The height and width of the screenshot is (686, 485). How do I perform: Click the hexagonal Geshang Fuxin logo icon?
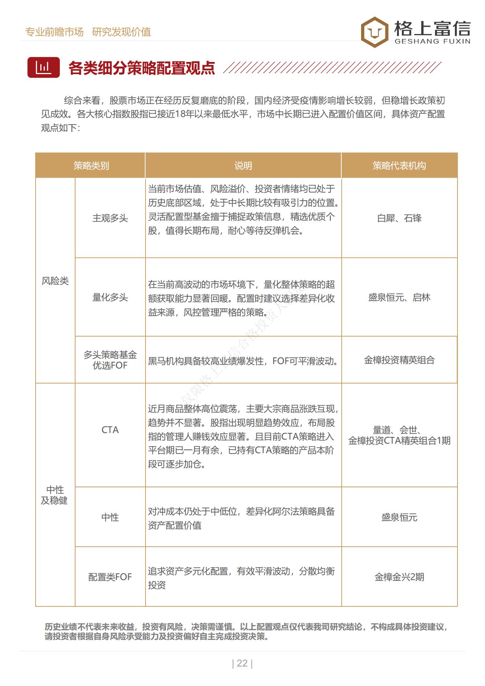point(374,32)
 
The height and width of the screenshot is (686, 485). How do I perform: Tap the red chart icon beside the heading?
point(43,67)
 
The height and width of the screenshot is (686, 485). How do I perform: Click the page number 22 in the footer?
point(242,663)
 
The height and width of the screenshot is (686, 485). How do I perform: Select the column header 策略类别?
point(91,166)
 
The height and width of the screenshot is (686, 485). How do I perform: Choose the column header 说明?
point(243,166)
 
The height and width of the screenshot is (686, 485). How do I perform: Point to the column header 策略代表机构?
point(399,166)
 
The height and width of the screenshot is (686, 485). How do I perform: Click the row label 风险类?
point(55,281)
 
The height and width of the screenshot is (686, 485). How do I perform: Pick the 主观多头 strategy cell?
point(110,218)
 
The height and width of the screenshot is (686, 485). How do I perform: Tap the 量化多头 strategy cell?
point(110,297)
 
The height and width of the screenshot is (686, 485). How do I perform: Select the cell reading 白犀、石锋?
point(399,218)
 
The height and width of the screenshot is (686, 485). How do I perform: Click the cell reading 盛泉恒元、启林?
point(399,297)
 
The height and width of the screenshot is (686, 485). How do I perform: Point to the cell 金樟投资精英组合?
point(399,360)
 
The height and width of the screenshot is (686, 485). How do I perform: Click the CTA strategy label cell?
point(110,430)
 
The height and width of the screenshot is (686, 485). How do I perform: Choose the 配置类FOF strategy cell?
point(110,577)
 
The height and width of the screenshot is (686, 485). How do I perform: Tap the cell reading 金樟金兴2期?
point(399,577)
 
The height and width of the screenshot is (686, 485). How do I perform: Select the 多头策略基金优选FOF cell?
point(110,360)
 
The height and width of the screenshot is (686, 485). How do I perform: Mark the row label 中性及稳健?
point(55,495)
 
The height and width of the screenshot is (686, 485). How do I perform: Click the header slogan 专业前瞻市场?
point(54,32)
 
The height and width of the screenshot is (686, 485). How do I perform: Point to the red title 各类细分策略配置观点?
point(142,68)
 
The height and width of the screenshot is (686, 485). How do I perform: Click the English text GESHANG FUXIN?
point(432,41)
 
